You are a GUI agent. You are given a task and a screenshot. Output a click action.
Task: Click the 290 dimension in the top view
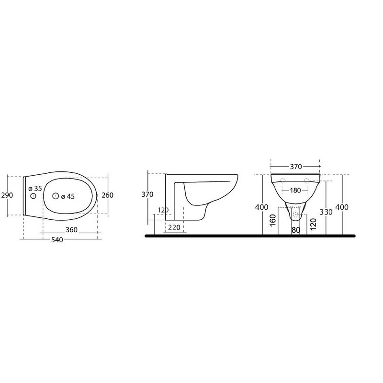coord(7,195)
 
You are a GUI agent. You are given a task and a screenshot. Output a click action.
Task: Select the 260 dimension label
coord(107,195)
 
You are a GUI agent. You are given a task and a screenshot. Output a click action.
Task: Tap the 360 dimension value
coord(71,230)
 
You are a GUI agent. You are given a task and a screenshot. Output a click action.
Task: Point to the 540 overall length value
coord(57,240)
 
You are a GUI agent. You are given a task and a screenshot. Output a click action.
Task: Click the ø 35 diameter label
coord(35,189)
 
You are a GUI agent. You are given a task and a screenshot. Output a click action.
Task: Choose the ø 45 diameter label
coord(68,196)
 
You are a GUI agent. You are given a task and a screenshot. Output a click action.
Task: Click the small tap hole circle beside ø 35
coord(33,196)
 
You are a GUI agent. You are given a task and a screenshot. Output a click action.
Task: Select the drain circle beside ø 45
coord(56,196)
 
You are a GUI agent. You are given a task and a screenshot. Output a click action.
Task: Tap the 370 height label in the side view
coord(147,194)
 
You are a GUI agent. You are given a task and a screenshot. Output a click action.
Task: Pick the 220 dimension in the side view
coord(174,228)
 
